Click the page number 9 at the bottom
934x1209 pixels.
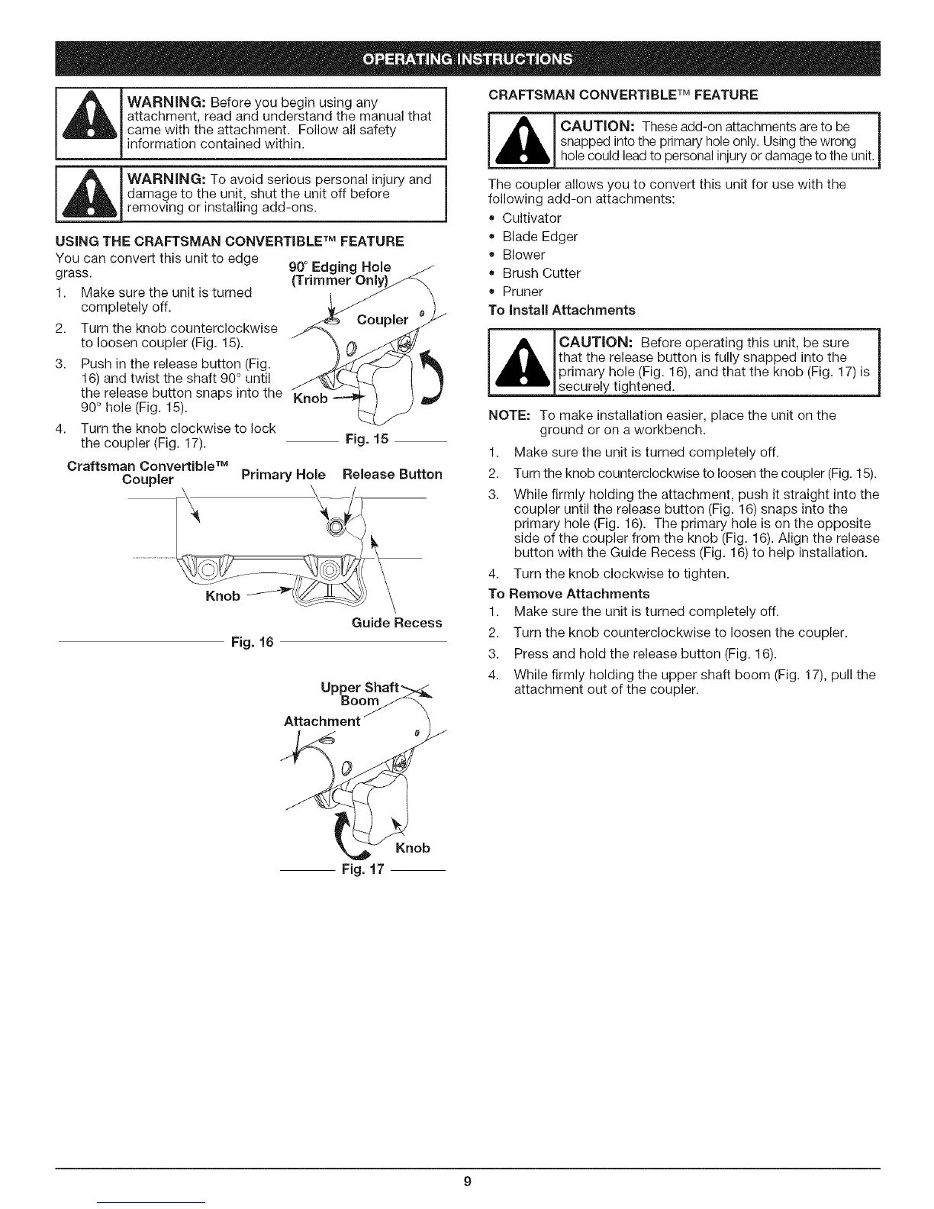[467, 1182]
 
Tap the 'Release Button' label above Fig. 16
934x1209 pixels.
[392, 474]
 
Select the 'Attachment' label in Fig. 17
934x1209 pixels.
[321, 721]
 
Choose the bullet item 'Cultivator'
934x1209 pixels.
[531, 218]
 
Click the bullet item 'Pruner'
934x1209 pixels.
[522, 292]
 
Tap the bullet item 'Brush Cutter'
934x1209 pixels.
[541, 273]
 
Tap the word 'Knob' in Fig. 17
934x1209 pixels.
[413, 848]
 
